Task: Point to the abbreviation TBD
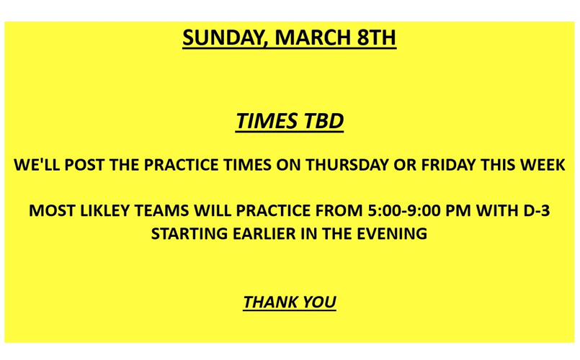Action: [321, 121]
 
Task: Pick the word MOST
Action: [51, 212]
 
